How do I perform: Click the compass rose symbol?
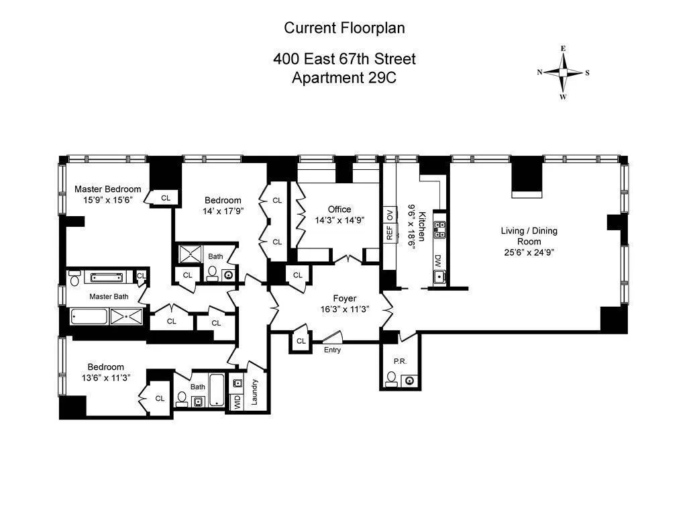click(x=563, y=73)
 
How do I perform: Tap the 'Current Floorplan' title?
click(x=344, y=28)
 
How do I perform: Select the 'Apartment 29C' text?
click(x=344, y=77)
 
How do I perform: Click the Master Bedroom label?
click(x=107, y=189)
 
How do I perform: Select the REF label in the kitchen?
click(x=389, y=233)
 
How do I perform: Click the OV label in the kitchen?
click(x=389, y=215)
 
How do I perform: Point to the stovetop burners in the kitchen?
click(x=440, y=230)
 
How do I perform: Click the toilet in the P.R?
click(x=391, y=381)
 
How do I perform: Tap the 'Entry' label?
click(x=332, y=350)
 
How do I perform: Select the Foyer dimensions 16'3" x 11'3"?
click(x=346, y=310)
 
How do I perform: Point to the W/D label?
click(x=236, y=402)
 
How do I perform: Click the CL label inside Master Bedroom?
click(x=166, y=198)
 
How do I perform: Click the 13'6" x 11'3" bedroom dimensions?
click(x=105, y=378)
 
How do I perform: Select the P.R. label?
click(x=400, y=361)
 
